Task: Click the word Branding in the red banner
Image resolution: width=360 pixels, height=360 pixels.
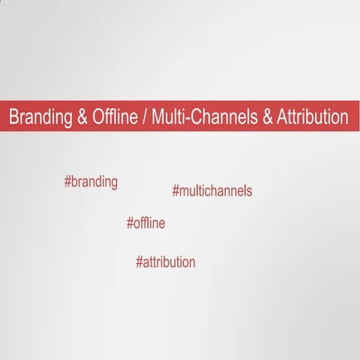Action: (39, 118)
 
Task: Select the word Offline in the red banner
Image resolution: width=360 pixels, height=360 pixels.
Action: (114, 118)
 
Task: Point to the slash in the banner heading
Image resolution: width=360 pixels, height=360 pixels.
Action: (145, 118)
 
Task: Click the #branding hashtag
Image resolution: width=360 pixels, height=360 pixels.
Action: (91, 182)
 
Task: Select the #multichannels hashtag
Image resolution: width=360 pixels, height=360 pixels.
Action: (211, 190)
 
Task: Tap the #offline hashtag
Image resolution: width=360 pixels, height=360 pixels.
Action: (145, 223)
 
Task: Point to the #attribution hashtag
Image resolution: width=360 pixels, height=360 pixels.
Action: (166, 262)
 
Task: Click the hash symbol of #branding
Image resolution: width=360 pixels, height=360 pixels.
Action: (68, 181)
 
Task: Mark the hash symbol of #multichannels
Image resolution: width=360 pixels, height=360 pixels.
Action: (175, 190)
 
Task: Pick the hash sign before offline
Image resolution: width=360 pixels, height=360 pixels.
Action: (130, 223)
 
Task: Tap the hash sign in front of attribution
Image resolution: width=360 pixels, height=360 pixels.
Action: (139, 262)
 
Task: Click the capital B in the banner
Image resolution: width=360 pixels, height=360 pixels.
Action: (13, 118)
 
